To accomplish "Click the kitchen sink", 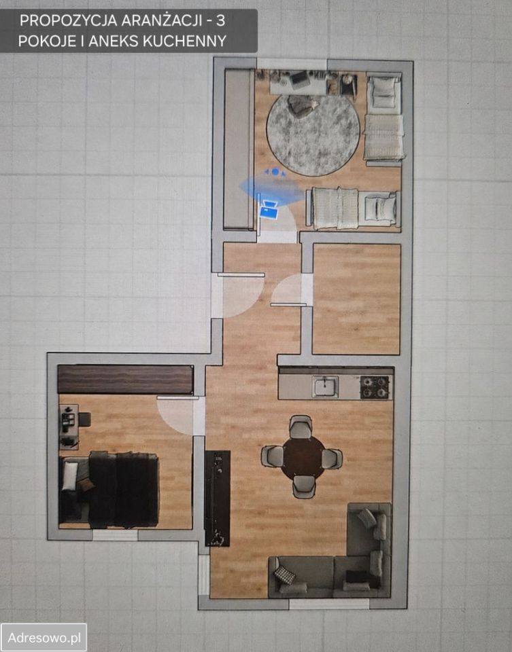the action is coord(325,386).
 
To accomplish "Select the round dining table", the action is coord(303,456).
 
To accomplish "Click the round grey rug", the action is coord(313,135).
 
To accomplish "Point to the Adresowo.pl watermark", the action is coord(44,638).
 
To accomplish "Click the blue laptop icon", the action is coord(268,211).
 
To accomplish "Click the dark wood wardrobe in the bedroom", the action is coord(125,380).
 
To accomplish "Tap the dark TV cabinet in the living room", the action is coord(218,498).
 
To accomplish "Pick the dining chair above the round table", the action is coord(301,427).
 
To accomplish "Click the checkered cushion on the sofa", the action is coord(285,575).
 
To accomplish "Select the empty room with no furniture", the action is coord(356,299).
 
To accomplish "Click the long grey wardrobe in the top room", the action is coord(239,149).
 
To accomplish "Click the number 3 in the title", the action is coord(220,20).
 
